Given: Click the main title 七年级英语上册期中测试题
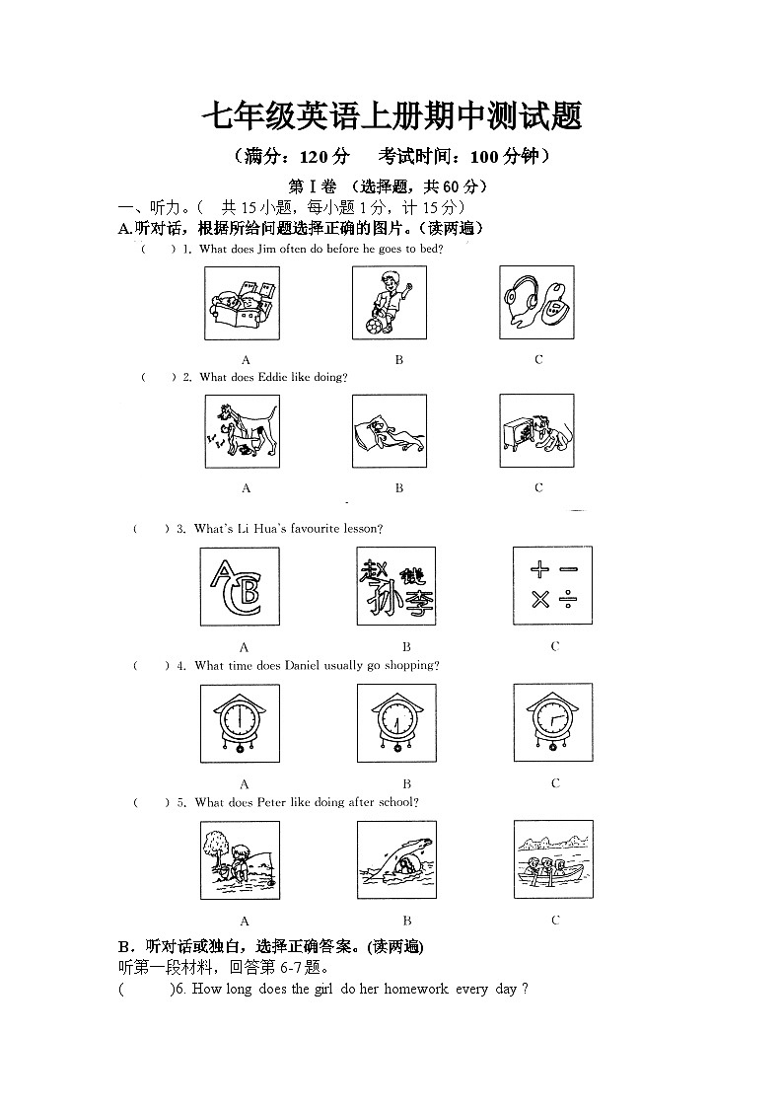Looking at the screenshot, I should [x=391, y=116].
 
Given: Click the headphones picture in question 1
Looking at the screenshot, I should [x=537, y=303].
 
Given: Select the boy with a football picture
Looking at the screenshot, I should [x=390, y=303].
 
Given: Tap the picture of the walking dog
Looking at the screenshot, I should [x=242, y=431].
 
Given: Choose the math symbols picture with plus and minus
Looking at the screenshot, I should [x=553, y=585].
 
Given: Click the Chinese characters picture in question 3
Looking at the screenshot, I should [x=395, y=586].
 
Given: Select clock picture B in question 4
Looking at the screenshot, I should [x=396, y=723].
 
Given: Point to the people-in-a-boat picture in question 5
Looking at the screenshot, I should [x=553, y=859].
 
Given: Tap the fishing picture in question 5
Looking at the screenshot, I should [x=239, y=860].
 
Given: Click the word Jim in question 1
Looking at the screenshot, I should [x=266, y=249].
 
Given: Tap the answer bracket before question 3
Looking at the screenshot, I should [x=151, y=529].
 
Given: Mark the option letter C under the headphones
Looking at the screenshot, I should [x=538, y=359].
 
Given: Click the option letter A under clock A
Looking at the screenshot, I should [x=245, y=783].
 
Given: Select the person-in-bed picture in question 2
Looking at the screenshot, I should [x=390, y=431].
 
